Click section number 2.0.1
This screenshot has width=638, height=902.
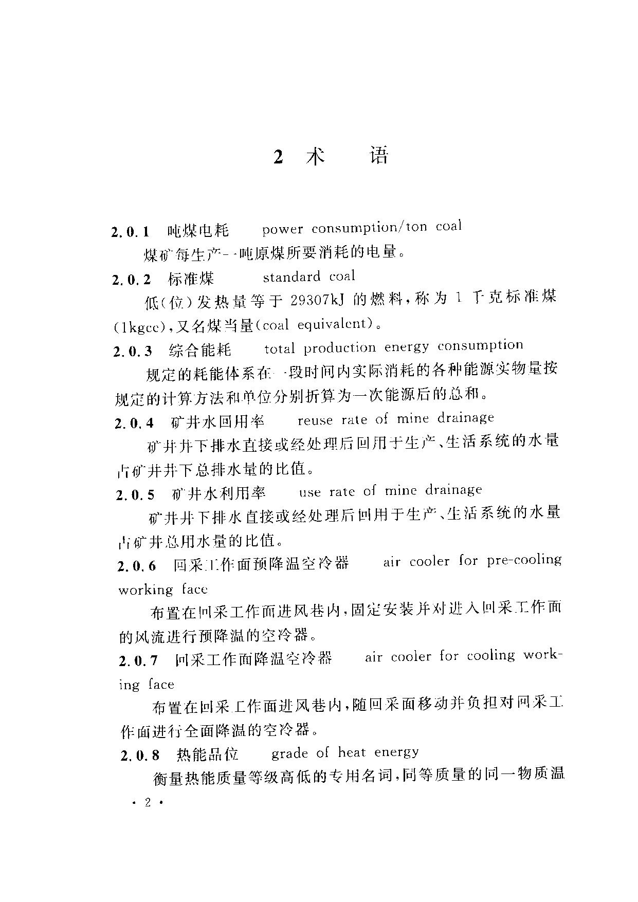tap(130, 232)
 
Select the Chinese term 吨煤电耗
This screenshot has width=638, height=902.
tap(198, 231)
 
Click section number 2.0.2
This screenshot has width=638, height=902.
tap(131, 280)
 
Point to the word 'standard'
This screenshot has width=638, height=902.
tap(292, 277)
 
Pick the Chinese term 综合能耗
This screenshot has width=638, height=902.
tap(200, 351)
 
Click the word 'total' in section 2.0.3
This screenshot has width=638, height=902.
tap(279, 349)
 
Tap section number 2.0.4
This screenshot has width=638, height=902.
tap(134, 423)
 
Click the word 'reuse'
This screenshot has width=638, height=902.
tap(315, 420)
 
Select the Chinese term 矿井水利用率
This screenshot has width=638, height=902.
tap(219, 494)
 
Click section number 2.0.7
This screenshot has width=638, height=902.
tap(138, 661)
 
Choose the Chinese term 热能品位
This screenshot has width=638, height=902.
tap(207, 754)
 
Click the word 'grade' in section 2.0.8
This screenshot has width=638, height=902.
tap(289, 754)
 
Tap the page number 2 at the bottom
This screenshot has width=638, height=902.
tap(148, 803)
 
